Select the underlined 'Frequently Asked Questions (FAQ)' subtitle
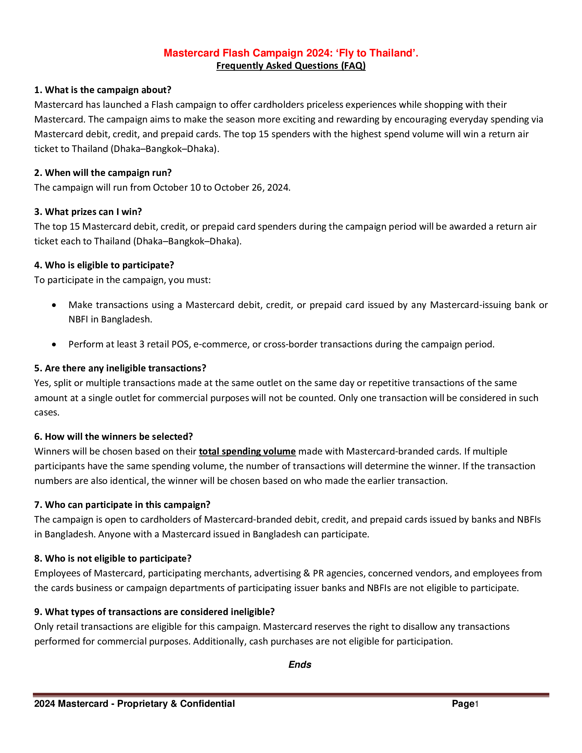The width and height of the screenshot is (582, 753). point(291,66)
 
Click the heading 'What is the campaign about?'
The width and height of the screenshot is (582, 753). point(103,90)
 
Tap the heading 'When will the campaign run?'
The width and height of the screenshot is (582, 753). point(103,173)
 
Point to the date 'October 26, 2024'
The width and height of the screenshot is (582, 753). point(252,188)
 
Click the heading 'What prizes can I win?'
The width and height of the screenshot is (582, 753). point(88,212)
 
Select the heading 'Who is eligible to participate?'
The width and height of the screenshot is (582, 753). point(104,265)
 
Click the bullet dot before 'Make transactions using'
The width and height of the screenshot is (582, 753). point(54,305)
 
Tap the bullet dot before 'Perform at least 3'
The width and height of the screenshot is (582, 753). point(54,344)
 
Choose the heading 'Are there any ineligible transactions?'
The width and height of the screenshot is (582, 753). point(120,368)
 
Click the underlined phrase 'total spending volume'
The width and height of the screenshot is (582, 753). point(247,452)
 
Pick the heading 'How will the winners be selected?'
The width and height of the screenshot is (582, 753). point(113,437)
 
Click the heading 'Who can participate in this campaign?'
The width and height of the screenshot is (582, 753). point(122,505)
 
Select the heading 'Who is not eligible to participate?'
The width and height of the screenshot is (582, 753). point(113,559)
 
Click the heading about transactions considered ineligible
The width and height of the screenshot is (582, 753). point(154,612)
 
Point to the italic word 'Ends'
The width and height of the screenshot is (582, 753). point(300,665)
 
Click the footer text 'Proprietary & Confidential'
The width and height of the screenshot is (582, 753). point(176,704)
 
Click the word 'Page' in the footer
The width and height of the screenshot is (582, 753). point(463,704)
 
